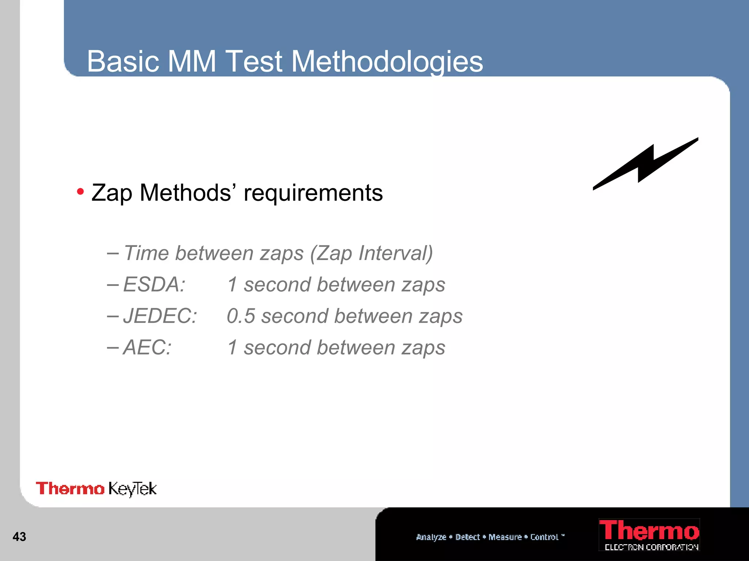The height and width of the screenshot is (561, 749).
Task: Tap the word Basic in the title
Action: (123, 61)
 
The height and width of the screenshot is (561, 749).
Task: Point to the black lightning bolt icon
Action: (646, 164)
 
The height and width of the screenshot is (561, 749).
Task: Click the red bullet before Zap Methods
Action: (80, 191)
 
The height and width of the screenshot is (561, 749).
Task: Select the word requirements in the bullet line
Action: (313, 193)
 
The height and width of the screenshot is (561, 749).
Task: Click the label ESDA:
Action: (154, 285)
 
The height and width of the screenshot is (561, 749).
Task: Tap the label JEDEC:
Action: (160, 316)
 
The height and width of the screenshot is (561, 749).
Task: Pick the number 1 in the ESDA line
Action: (232, 285)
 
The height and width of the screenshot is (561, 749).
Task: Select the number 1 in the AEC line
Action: (232, 347)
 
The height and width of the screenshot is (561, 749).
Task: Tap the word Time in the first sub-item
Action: (146, 253)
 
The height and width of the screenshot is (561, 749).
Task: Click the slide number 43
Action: (19, 537)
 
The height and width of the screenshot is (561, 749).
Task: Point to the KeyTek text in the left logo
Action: (132, 489)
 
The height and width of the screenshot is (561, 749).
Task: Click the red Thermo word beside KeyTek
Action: (70, 489)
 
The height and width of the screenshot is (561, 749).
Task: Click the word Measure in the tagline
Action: (505, 537)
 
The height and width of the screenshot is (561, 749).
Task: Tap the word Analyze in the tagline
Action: (431, 537)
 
